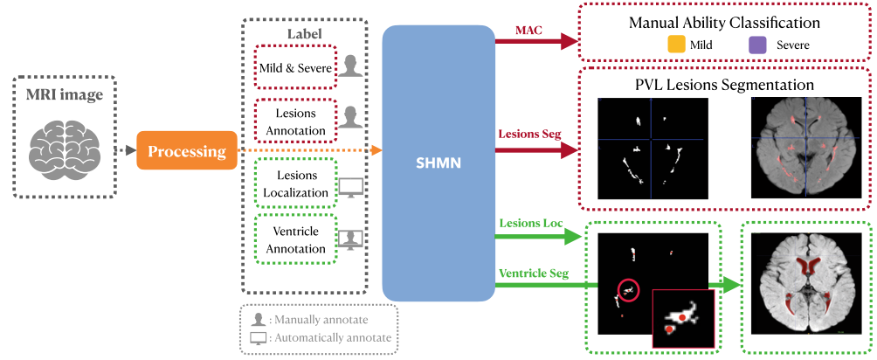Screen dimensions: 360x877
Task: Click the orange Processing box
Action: click(x=187, y=151)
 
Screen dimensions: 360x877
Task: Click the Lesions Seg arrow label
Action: click(x=529, y=135)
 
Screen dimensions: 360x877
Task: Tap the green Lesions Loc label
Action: click(x=532, y=223)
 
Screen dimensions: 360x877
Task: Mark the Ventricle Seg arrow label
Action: click(x=534, y=273)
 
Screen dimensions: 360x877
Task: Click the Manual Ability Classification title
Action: click(x=723, y=23)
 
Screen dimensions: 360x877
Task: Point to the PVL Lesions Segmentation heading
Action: click(x=725, y=86)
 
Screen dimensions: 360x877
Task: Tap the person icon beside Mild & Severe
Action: click(x=350, y=67)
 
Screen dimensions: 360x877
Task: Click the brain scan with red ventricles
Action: click(x=798, y=287)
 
